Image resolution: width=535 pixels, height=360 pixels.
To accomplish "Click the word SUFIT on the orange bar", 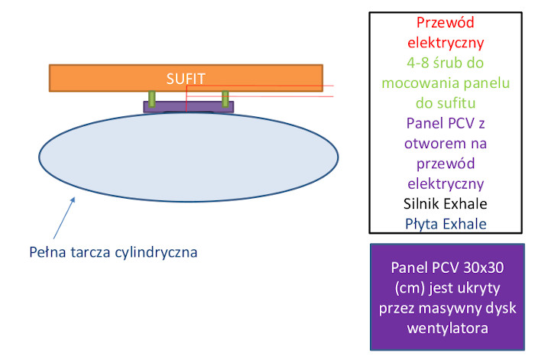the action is (186, 79).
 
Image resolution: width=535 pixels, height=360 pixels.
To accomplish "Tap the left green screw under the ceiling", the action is (152, 99).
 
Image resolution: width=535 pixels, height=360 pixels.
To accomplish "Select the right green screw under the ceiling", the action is (225, 99).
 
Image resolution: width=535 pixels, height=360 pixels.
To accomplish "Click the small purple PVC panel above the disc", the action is (188, 107).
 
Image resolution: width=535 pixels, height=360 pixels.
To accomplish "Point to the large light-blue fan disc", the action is (188, 157).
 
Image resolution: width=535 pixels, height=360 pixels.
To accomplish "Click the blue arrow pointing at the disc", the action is (64, 218).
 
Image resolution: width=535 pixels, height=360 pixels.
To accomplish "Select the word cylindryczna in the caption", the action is (156, 253).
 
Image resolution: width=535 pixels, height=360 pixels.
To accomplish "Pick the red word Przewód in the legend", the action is (446, 22).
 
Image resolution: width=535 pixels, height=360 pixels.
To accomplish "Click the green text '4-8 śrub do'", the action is (446, 63).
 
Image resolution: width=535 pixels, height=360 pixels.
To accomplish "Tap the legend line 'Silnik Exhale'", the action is (446, 204).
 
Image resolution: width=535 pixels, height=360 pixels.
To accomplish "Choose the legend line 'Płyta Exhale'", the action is (446, 224).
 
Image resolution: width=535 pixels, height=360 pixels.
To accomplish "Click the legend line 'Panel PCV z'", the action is (446, 123).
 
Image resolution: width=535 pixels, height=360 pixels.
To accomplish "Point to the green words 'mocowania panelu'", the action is (446, 83).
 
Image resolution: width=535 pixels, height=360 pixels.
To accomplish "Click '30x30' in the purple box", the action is (484, 268).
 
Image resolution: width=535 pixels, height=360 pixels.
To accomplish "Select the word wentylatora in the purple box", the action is (447, 328).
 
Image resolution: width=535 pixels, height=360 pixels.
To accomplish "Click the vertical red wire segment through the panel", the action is (186, 99).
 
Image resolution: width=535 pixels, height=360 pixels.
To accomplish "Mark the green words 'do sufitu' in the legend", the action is (446, 103).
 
